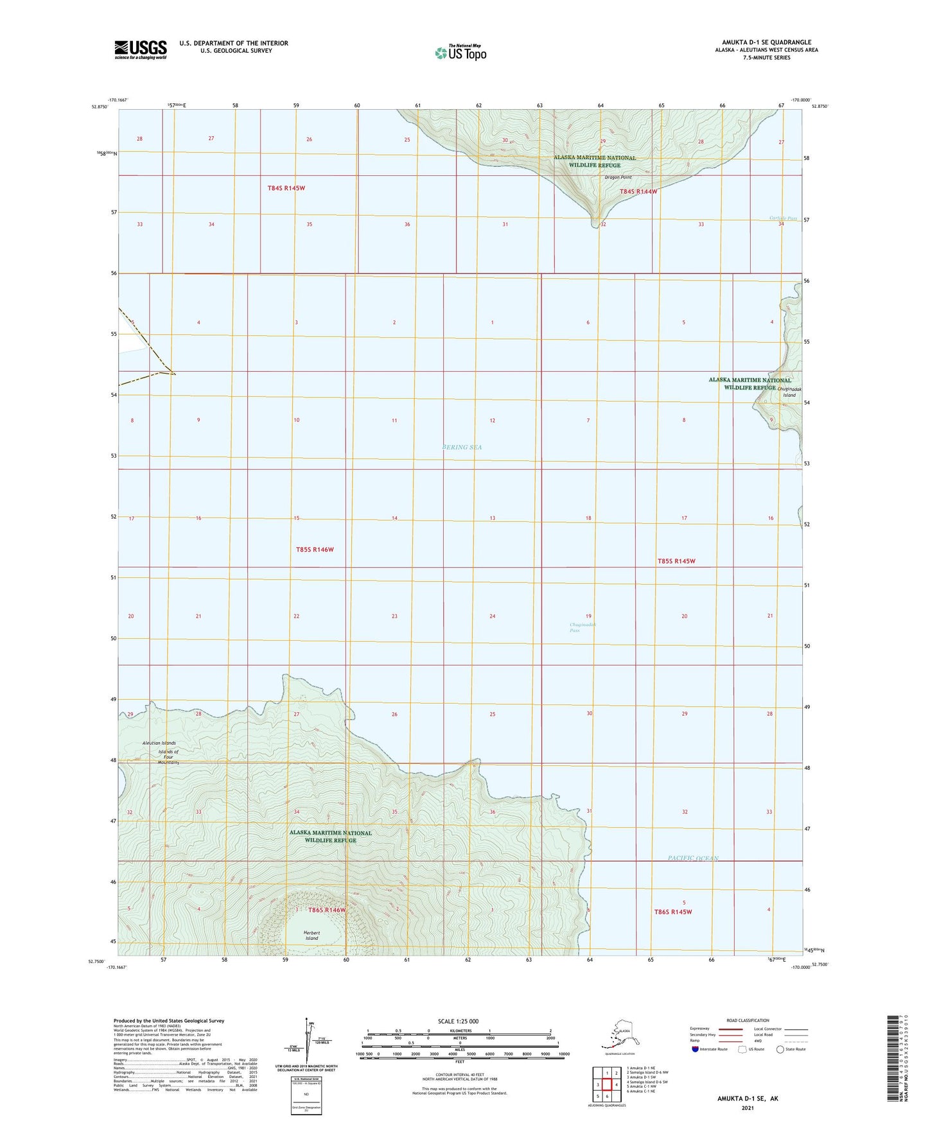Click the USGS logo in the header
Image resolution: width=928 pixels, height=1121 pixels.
pyautogui.click(x=141, y=49)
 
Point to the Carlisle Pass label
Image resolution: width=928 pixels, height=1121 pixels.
pyautogui.click(x=783, y=218)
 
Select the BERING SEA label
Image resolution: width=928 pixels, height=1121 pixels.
pyautogui.click(x=462, y=447)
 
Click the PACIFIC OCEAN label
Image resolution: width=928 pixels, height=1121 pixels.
pyautogui.click(x=692, y=858)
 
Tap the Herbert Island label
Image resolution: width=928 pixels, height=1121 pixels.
pyautogui.click(x=311, y=935)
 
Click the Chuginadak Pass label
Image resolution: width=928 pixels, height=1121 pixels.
pyautogui.click(x=582, y=627)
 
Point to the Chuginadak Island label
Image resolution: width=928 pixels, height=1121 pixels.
pyautogui.click(x=788, y=392)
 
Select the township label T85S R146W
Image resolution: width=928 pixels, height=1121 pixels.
pyautogui.click(x=315, y=550)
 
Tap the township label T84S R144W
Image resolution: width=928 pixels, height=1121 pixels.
pyautogui.click(x=638, y=191)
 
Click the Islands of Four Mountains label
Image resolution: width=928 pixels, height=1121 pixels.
pyautogui.click(x=168, y=757)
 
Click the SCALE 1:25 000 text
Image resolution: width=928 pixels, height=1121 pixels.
pyautogui.click(x=459, y=1021)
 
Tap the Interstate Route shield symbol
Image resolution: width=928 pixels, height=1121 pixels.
pyautogui.click(x=696, y=1049)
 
